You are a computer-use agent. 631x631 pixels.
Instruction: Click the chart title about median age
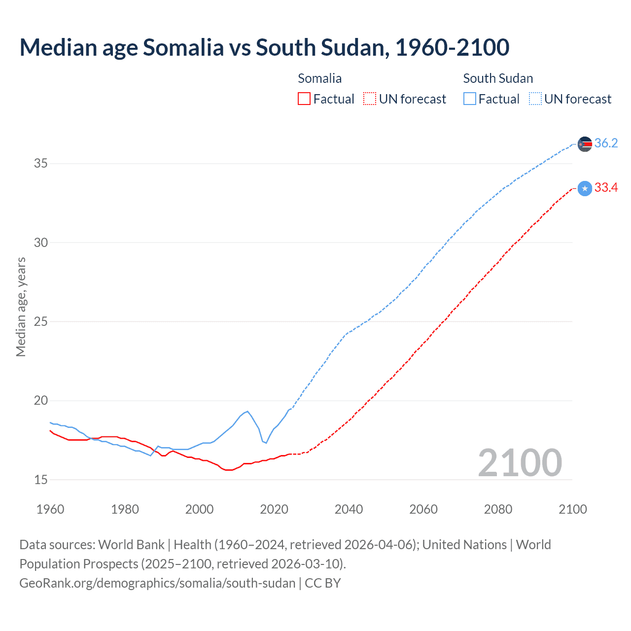coord(264,48)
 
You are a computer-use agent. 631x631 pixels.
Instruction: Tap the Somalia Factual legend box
coord(304,99)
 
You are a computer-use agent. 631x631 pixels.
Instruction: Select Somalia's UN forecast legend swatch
coord(370,99)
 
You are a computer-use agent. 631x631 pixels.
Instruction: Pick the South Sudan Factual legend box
coord(470,99)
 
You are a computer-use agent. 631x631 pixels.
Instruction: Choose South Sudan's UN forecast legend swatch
coord(535,99)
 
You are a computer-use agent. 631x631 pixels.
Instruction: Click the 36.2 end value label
coord(606,143)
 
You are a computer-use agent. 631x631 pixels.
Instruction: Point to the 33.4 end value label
coord(606,188)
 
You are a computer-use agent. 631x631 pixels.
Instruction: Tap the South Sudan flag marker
coord(585,144)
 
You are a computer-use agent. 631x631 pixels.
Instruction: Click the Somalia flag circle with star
coord(585,188)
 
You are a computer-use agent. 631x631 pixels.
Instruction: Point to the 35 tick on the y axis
coord(40,164)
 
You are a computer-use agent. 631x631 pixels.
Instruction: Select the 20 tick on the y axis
coord(40,401)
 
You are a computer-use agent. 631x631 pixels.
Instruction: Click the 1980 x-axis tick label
coord(125,509)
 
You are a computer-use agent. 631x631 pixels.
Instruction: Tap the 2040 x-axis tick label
coord(349,509)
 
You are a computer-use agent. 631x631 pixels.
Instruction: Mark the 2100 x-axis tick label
coord(572,509)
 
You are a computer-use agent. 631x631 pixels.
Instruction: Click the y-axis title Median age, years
coord(21,307)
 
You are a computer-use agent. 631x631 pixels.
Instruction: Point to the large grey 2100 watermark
coord(520,463)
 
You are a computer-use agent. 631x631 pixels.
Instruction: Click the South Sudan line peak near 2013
coord(247,411)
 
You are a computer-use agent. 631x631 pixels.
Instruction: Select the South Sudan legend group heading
coord(498,78)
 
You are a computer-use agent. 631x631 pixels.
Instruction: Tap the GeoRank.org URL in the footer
coord(157,583)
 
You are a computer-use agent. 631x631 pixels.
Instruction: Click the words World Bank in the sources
coord(131,545)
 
